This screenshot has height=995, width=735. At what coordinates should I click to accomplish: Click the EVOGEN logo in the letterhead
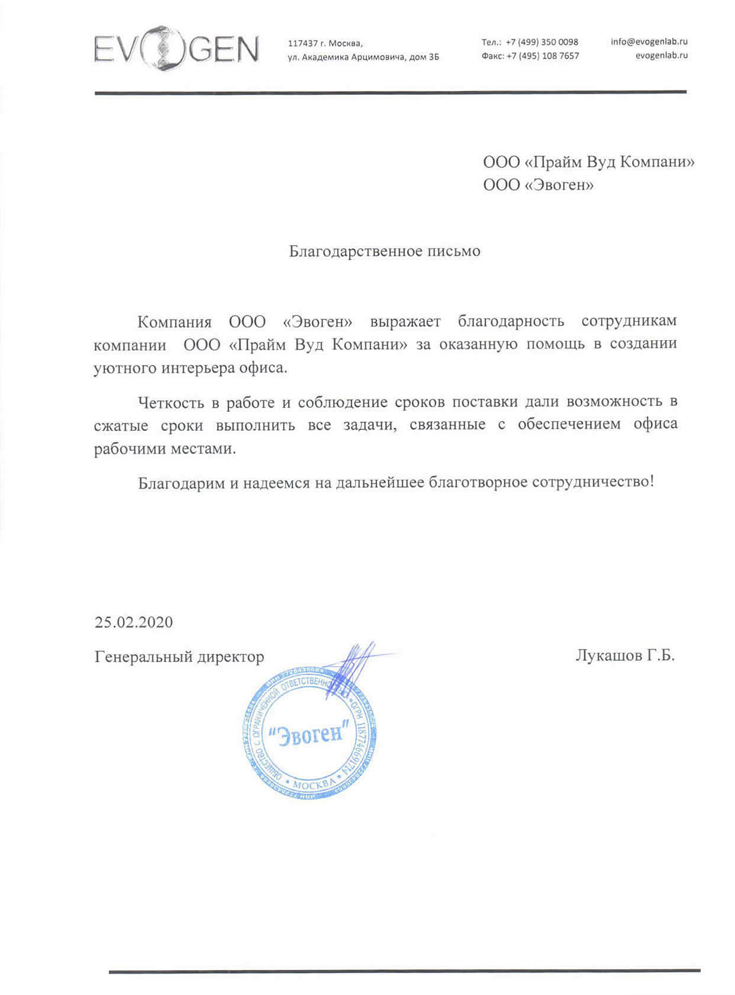coord(176,49)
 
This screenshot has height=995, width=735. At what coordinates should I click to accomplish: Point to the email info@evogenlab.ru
coord(649,41)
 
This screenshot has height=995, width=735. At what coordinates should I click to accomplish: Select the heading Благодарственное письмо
coord(385,251)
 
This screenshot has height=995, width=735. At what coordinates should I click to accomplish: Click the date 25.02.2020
coord(134,622)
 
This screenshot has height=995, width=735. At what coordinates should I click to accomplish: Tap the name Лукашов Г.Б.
coord(625,656)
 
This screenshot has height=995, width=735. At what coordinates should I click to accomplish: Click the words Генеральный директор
coord(179,657)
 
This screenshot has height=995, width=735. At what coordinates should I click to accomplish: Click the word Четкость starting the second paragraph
coord(172,403)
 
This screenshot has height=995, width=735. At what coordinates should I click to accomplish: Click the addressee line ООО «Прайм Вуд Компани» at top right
coord(589,162)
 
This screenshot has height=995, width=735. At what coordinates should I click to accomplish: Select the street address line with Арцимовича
coord(363,57)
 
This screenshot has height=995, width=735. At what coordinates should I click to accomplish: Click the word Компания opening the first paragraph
coord(174,322)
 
